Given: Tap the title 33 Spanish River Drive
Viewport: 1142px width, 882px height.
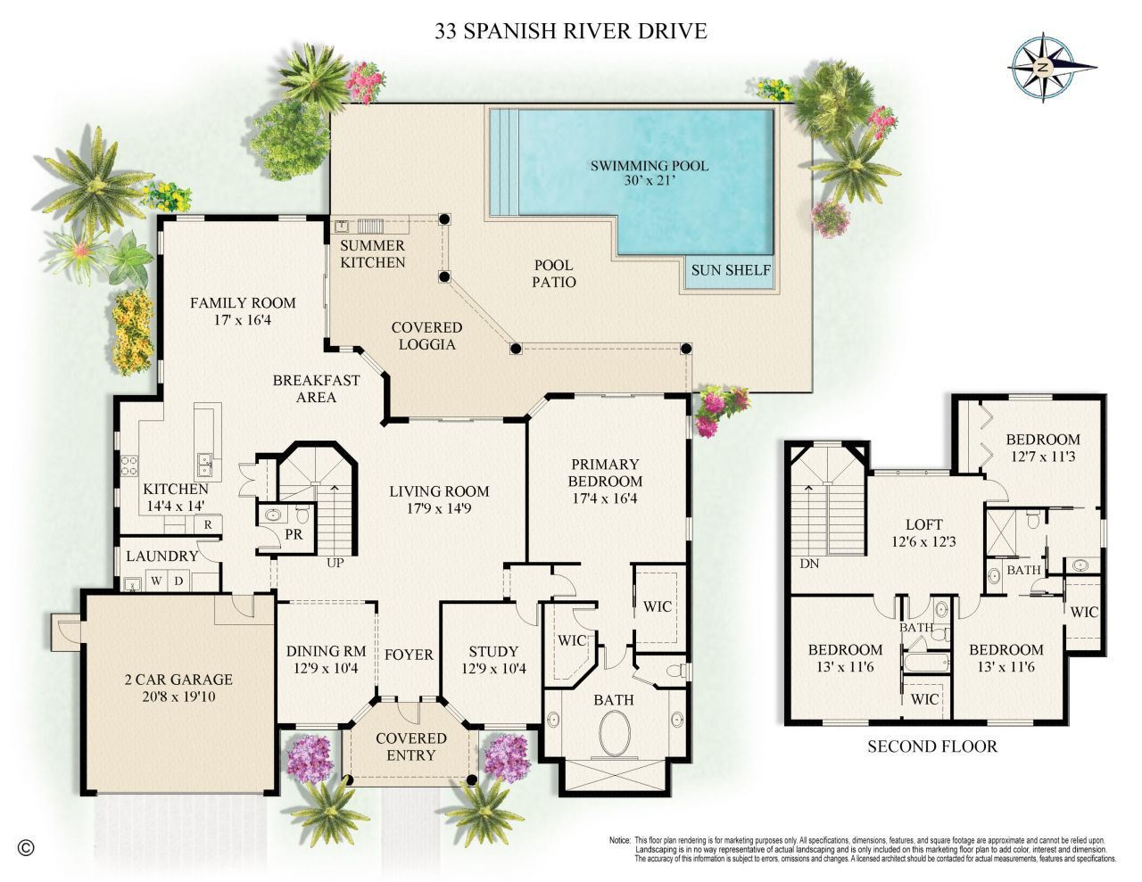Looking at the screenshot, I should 571,31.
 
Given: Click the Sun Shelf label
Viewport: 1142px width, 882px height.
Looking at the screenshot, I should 729,269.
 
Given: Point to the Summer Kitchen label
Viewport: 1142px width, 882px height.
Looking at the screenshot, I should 373,253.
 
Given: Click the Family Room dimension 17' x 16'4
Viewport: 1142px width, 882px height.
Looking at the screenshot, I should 243,319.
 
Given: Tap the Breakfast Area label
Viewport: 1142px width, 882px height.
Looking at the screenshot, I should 316,388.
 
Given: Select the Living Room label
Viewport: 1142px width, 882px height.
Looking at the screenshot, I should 439,490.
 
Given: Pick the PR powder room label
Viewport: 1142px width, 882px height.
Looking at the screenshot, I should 292,536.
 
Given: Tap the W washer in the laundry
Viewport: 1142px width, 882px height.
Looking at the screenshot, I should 156,581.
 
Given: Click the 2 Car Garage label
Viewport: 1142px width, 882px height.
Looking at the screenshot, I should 178,679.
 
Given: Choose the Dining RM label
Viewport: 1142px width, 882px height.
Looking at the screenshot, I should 322,651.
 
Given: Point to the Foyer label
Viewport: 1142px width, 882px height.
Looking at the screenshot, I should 409,655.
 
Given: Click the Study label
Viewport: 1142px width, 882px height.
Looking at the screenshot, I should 492,652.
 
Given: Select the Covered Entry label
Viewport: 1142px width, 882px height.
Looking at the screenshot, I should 410,746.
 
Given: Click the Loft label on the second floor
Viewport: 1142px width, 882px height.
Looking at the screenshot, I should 923,524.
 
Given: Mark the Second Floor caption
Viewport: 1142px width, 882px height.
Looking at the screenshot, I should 932,746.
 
